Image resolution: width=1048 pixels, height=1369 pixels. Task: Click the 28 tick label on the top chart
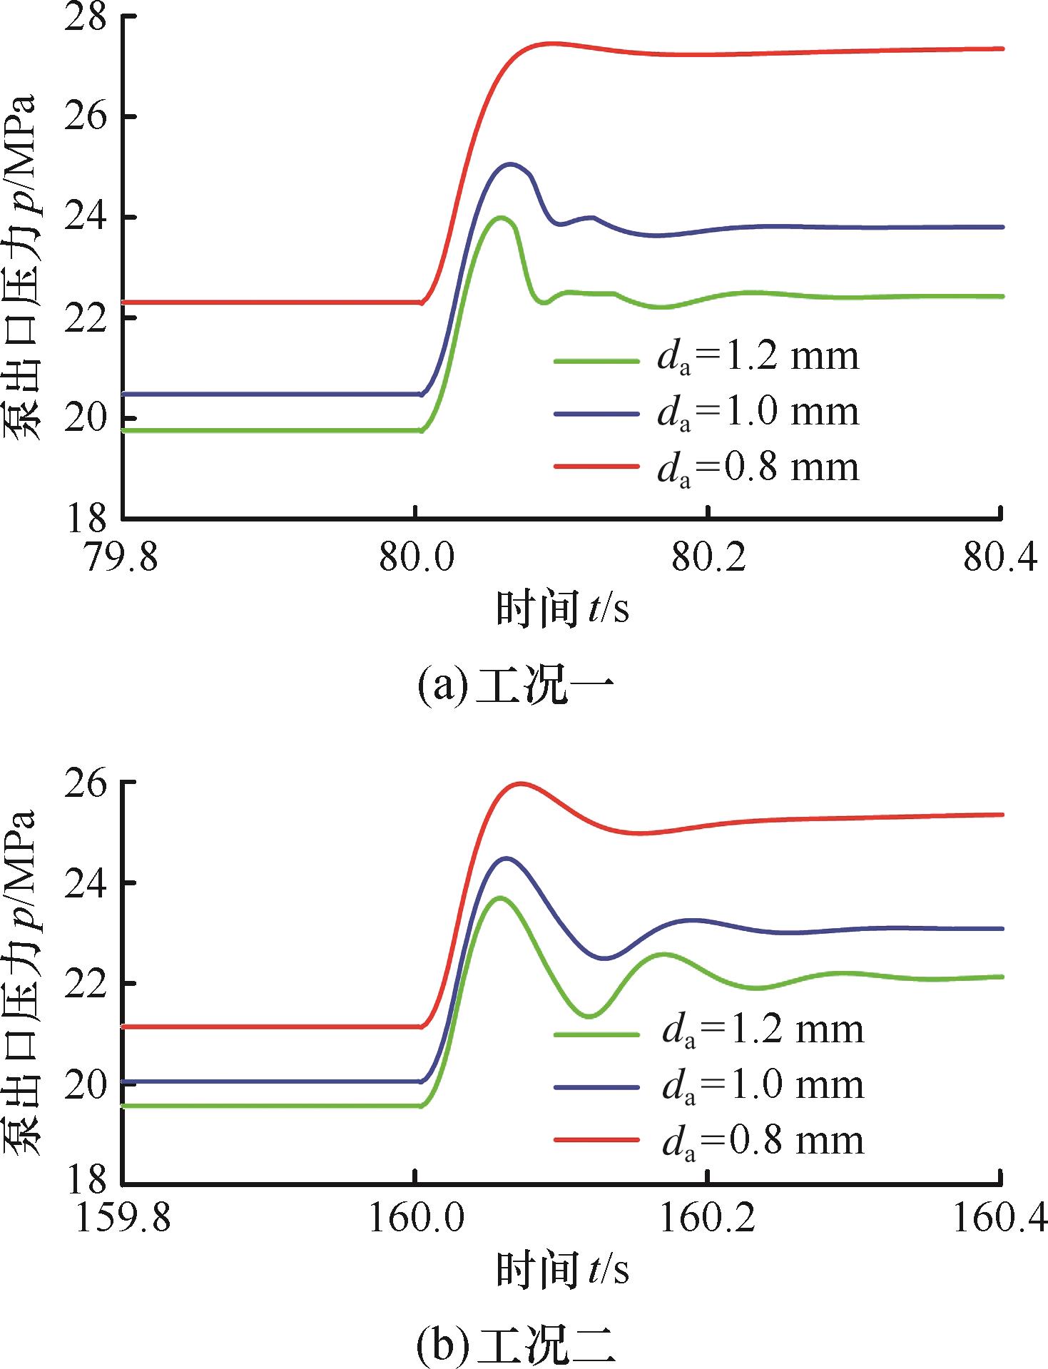point(86,17)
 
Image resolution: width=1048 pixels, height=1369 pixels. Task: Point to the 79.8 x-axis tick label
point(121,558)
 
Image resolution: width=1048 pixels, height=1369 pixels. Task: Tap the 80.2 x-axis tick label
point(708,558)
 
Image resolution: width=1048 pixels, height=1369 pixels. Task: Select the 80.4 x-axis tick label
point(1000,558)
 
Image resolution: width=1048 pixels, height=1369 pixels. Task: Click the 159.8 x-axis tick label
point(123,1218)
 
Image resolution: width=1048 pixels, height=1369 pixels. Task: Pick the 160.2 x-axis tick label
point(707,1218)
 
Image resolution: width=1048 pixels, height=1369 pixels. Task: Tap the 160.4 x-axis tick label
point(999,1218)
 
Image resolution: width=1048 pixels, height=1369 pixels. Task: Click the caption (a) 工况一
point(516,686)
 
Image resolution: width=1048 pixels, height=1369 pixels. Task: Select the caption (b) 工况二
point(516,1345)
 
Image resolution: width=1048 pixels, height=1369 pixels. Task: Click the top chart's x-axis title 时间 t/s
point(563,610)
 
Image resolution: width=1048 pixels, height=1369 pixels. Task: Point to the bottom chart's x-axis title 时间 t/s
point(563,1271)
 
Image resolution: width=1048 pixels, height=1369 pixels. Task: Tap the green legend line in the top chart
point(596,362)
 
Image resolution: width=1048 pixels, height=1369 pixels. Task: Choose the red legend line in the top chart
point(596,467)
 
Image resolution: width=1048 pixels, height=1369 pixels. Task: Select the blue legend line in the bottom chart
point(596,1087)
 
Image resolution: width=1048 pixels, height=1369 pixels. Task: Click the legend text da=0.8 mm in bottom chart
point(763,1141)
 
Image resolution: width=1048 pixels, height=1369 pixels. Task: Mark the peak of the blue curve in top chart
point(510,164)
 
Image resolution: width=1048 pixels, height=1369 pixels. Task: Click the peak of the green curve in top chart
point(502,218)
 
